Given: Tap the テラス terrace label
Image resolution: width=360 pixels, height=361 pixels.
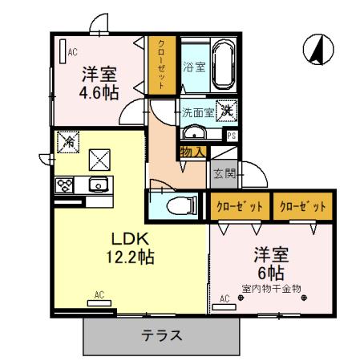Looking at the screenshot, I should [x=163, y=336].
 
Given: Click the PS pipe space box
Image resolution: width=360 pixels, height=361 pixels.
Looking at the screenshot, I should [x=231, y=136].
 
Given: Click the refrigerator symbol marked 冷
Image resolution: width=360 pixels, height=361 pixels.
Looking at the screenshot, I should [x=70, y=140].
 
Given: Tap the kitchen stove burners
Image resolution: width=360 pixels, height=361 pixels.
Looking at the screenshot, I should [x=65, y=186].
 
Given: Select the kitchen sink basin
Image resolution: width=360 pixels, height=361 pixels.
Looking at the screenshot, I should [x=97, y=186].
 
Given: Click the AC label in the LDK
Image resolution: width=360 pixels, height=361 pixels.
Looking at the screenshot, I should [x=100, y=296].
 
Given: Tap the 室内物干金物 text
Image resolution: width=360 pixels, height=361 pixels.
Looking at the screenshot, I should [x=269, y=286].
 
